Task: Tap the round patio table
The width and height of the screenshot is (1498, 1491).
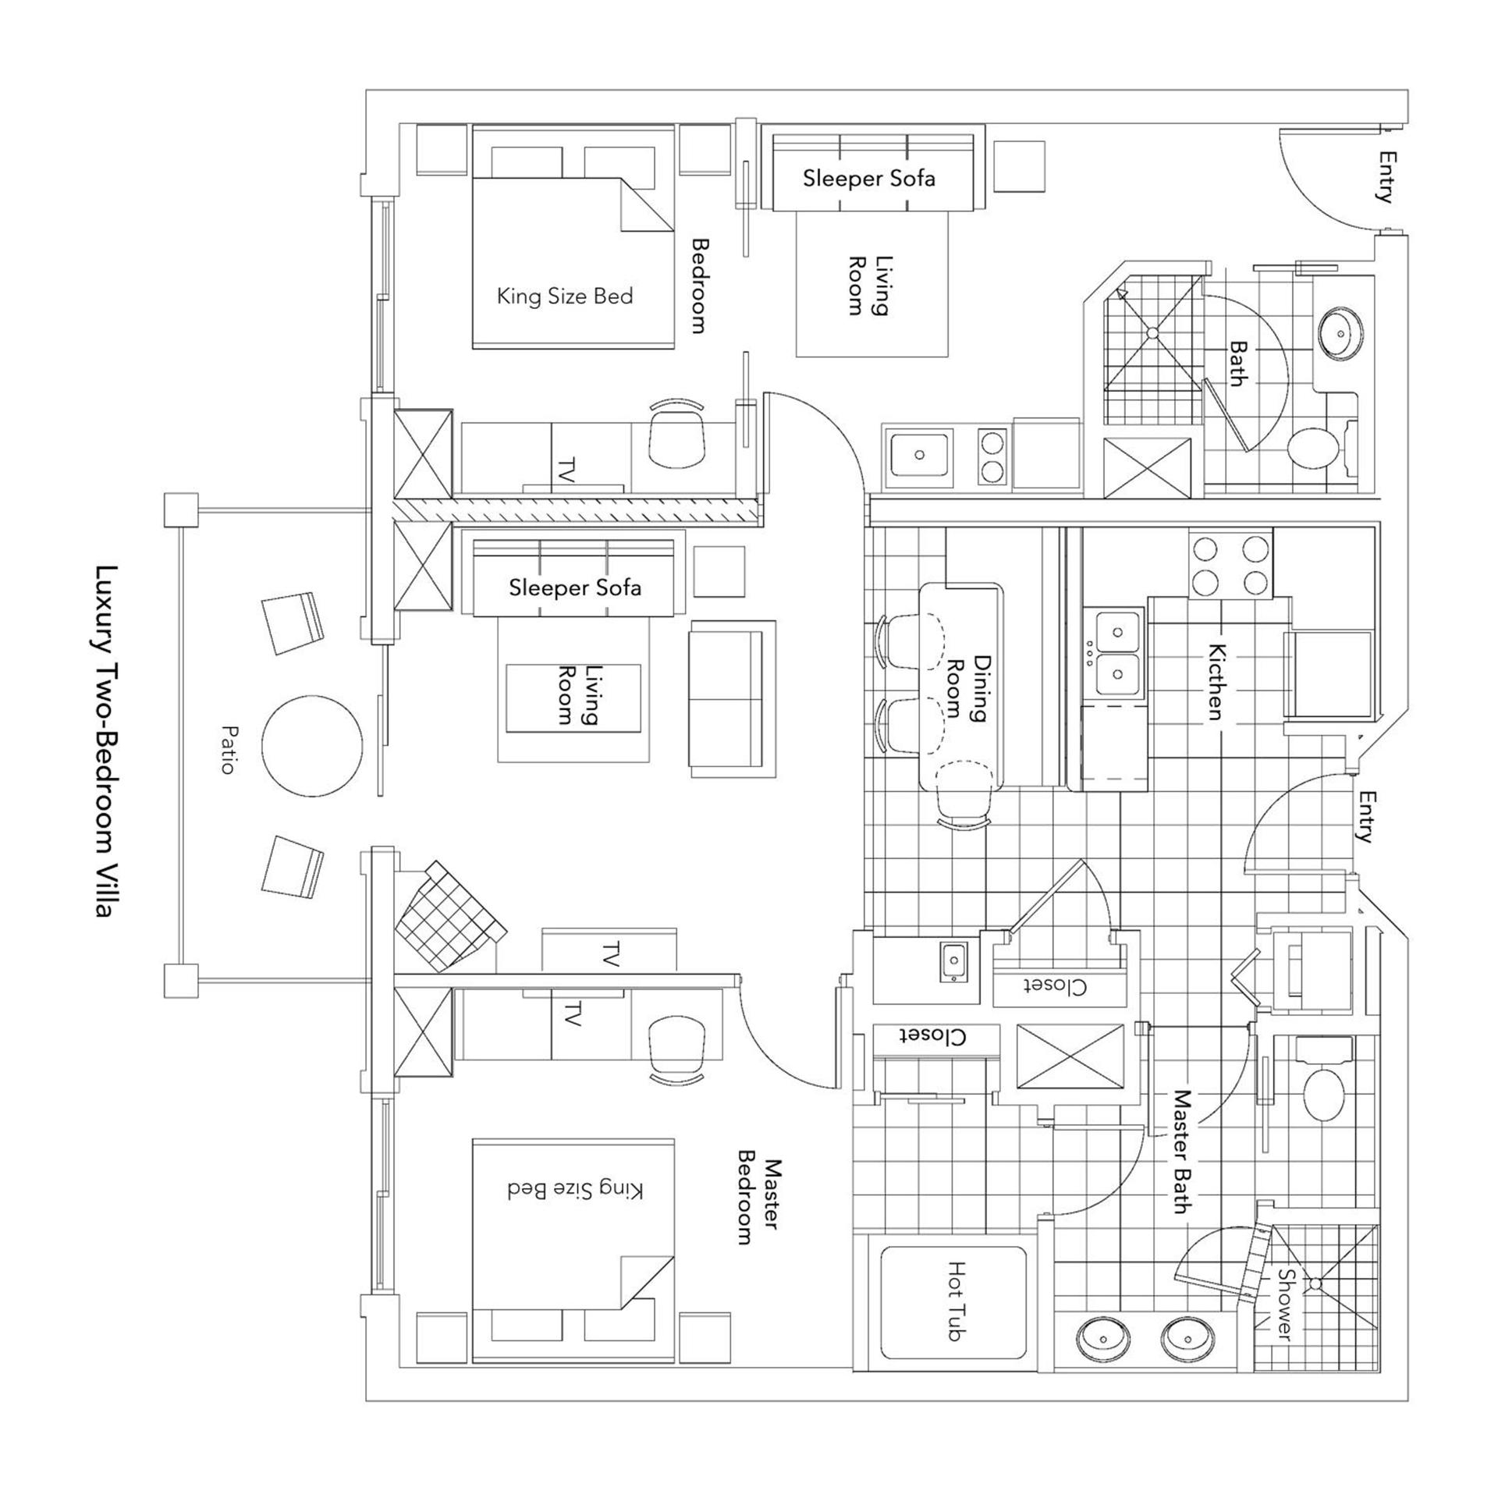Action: click(312, 746)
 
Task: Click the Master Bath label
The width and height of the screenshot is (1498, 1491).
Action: click(1184, 1152)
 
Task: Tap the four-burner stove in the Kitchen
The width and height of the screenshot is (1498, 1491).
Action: click(1230, 564)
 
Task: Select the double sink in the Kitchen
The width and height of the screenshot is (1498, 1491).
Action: click(1117, 653)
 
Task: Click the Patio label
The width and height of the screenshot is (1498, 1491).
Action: click(228, 749)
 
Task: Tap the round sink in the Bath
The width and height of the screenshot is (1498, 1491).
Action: click(1340, 333)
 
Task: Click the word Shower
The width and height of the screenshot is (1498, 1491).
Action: click(1285, 1305)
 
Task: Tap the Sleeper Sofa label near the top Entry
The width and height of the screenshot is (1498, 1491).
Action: click(868, 179)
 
